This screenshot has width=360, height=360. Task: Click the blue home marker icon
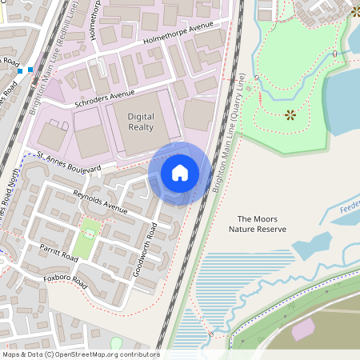tap(180, 173)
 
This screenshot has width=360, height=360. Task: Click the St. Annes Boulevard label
tap(69, 162)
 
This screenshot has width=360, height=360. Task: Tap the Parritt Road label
tap(58, 254)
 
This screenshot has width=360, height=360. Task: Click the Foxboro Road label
tap(66, 281)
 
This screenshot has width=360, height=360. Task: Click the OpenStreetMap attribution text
tap(81, 354)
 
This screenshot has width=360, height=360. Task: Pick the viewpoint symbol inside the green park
tap(290, 114)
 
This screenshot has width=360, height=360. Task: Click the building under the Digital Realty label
tap(140, 140)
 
